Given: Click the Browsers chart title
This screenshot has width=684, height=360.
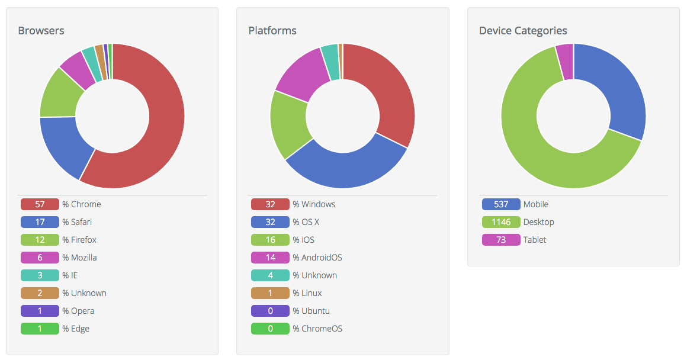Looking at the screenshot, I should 41,31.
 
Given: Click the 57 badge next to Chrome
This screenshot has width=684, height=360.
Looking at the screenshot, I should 40,204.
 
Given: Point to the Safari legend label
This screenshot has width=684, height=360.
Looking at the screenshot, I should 81,222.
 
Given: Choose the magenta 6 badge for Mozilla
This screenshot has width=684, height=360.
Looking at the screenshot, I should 40,258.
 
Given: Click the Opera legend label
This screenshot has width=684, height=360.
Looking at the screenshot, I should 82,311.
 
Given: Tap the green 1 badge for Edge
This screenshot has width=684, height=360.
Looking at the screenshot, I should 40,329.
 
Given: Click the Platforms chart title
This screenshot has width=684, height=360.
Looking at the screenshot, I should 272,31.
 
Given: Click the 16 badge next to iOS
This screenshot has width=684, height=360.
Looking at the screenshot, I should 270,240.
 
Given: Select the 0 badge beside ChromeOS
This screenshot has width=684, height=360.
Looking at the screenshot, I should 270,329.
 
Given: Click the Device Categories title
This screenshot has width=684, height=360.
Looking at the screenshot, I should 523,31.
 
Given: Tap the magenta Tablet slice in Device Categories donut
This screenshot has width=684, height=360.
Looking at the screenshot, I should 565,62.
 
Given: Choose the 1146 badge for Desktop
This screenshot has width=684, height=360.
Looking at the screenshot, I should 501,222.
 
